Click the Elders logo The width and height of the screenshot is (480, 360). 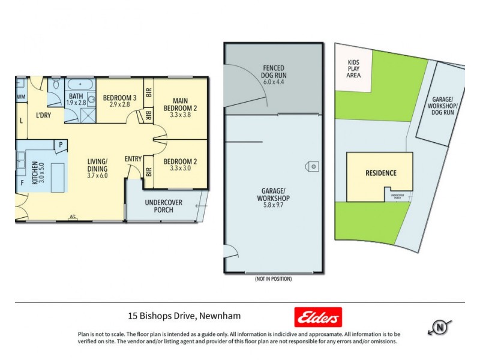click(318, 317)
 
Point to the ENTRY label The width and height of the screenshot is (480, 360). click(133, 159)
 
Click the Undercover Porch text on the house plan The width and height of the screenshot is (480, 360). click(160, 206)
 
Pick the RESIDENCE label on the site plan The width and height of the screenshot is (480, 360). click(382, 173)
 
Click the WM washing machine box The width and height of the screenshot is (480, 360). click(21, 97)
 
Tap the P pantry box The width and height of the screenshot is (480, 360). click(61, 145)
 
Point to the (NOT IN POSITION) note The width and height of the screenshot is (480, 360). click(272, 279)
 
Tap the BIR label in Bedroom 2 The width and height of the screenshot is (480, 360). click(148, 171)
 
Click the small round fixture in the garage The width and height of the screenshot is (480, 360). click(313, 166)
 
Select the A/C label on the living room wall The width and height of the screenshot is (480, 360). click(73, 216)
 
